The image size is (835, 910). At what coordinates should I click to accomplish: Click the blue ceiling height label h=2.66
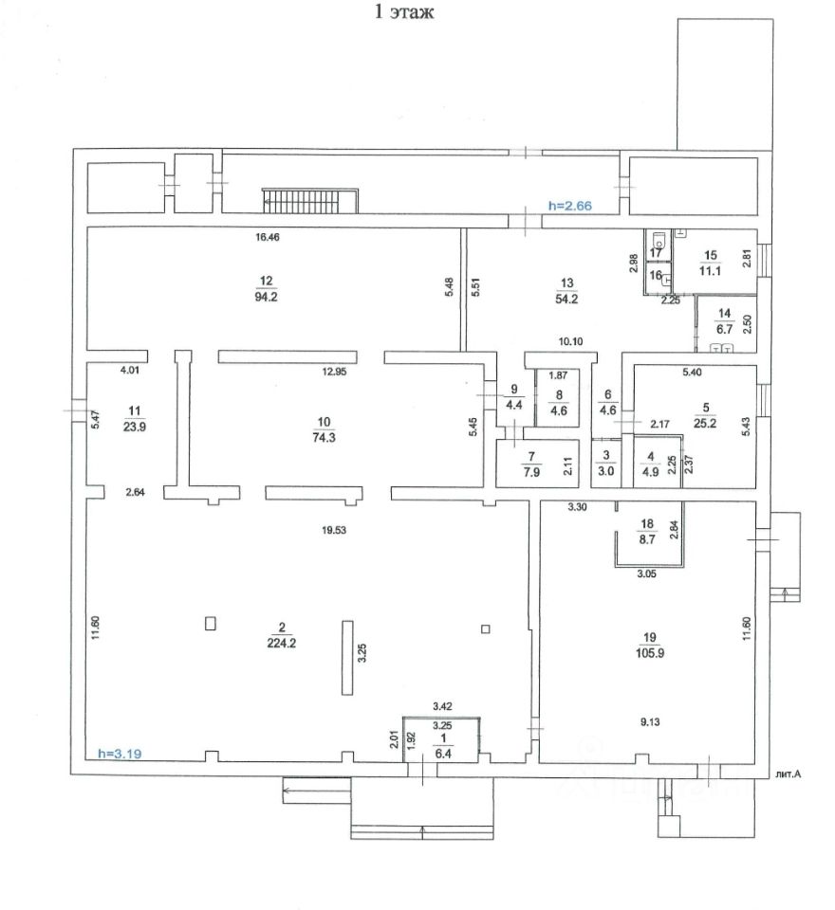(x=569, y=204)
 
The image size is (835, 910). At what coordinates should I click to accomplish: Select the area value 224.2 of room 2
(x=282, y=640)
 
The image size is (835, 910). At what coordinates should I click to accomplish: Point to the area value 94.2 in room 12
(x=266, y=297)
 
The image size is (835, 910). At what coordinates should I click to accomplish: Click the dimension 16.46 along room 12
(x=268, y=237)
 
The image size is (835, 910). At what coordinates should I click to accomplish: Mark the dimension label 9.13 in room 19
(x=650, y=722)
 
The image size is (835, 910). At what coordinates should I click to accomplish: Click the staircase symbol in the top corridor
(x=310, y=201)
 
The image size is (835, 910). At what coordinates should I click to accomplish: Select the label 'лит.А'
(x=789, y=774)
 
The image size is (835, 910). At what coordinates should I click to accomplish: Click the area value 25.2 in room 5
(x=704, y=422)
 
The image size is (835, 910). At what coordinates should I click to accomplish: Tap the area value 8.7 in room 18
(x=649, y=537)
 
